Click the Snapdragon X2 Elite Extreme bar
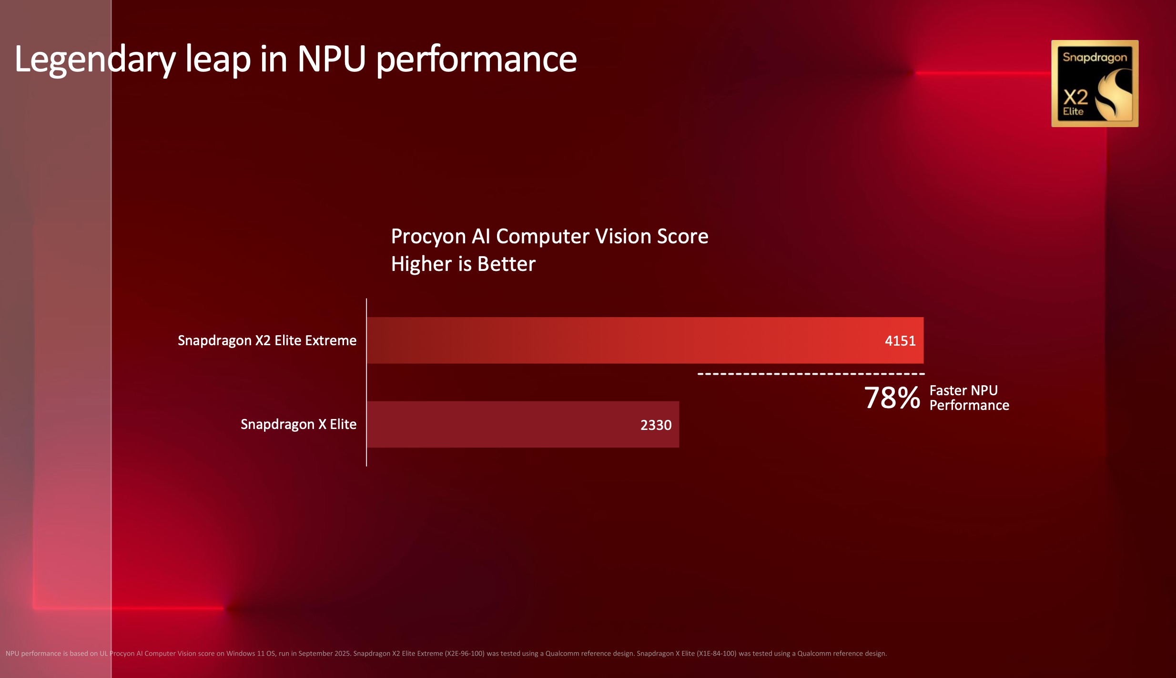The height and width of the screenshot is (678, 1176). pos(619,340)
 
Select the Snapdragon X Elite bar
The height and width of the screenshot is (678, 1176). pos(500,424)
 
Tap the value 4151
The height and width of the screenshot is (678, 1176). pos(900,341)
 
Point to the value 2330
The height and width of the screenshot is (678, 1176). pos(656,425)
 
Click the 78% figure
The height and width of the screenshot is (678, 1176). pos(892,398)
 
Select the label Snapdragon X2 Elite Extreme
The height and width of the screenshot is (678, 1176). pos(267,340)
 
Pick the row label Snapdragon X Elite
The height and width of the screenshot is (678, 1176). pos(298,424)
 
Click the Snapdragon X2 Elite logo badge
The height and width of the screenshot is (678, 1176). pos(1095,83)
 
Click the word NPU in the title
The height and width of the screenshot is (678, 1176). pos(331,60)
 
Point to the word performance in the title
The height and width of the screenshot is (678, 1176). pos(476,60)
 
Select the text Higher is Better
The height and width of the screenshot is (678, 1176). pos(463,264)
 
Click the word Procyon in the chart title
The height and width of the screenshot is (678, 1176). pos(428,237)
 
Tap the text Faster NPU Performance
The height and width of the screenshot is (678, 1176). pos(969,398)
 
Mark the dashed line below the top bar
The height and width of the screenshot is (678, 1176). pos(810,374)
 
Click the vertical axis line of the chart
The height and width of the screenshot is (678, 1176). pos(366,381)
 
